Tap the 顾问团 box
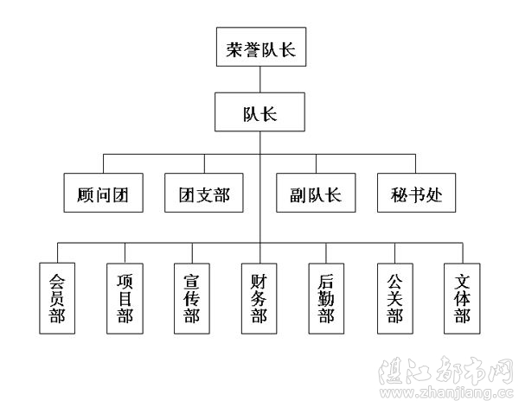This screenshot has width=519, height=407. [x=102, y=194]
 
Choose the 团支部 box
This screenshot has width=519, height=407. [x=203, y=194]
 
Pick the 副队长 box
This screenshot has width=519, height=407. [x=315, y=194]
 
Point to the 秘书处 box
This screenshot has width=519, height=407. [x=415, y=194]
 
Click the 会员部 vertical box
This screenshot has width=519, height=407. [x=57, y=298]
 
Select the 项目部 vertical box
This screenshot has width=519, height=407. [x=125, y=298]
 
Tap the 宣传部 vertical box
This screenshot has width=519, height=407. [x=192, y=298]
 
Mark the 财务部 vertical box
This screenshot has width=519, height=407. [x=259, y=298]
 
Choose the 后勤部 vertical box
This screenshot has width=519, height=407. [x=327, y=298]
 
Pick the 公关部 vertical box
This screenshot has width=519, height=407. [x=394, y=298]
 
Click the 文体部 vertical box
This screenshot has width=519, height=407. [x=462, y=298]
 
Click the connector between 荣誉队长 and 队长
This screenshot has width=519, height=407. [x=260, y=80]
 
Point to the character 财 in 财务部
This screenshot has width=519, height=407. [x=259, y=281]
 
